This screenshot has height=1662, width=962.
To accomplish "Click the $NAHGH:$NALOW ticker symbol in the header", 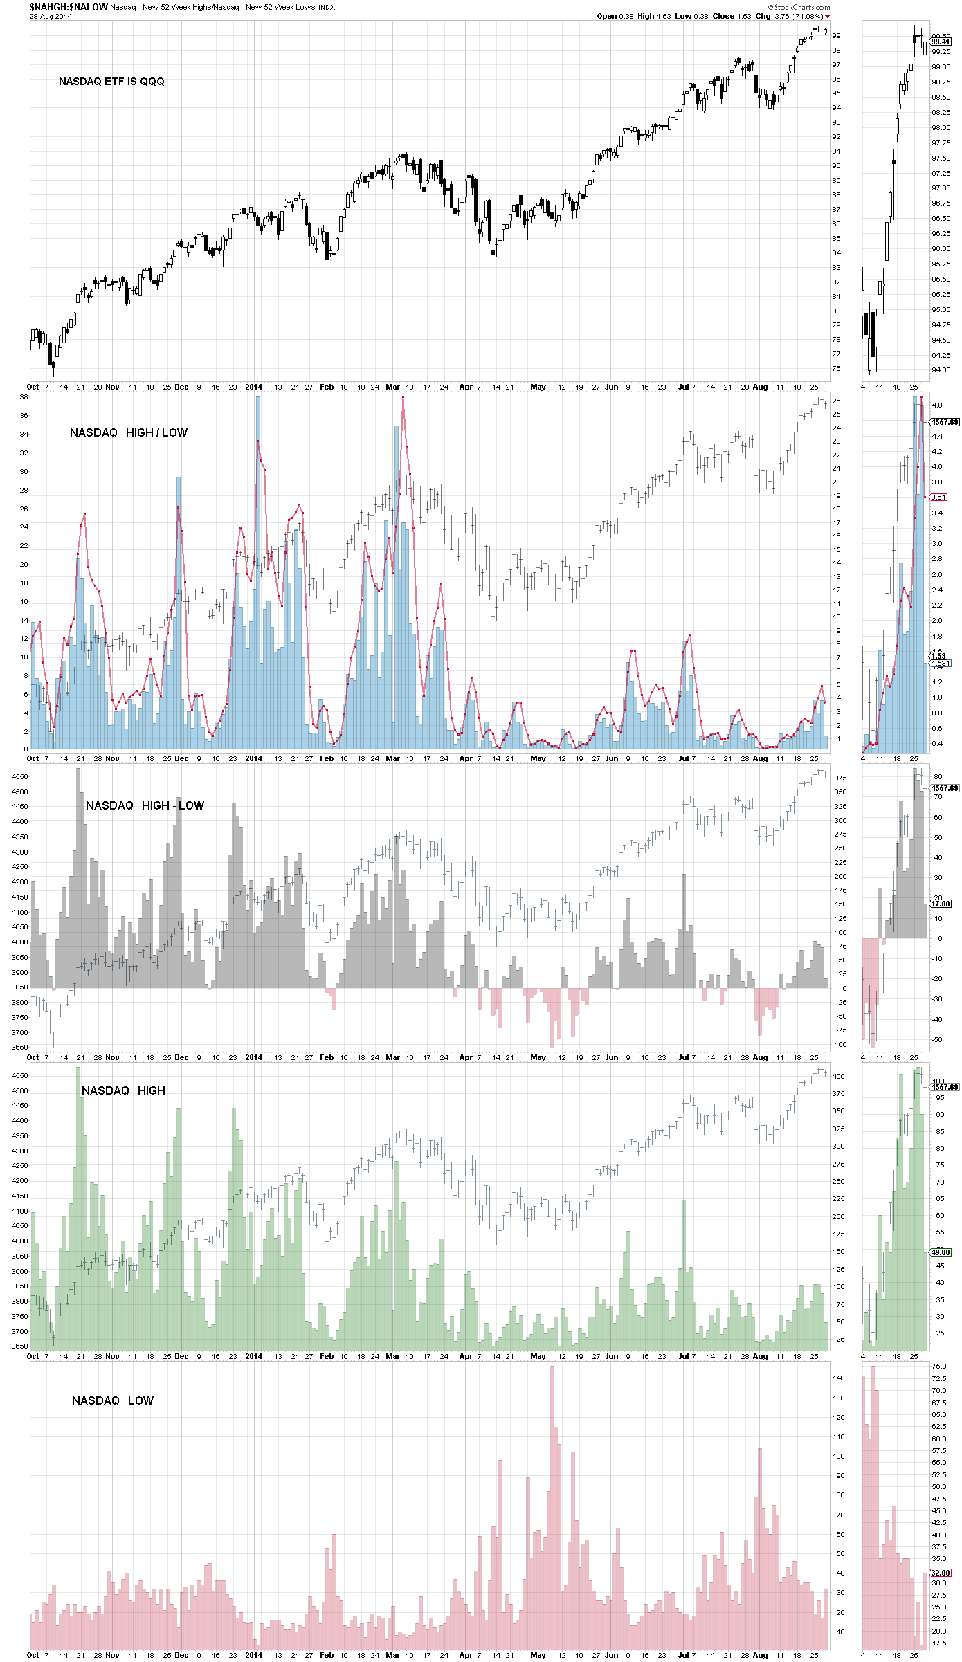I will tap(69, 7).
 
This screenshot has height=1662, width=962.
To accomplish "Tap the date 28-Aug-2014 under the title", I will tap(51, 17).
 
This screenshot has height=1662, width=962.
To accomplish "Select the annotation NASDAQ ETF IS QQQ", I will tap(111, 82).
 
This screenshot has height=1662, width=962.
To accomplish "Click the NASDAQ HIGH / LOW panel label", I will tap(128, 432).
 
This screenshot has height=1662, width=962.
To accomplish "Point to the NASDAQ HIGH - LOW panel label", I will tap(145, 805).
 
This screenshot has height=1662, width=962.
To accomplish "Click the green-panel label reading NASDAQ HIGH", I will tap(123, 1090).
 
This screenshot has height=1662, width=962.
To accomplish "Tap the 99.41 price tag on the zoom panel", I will tap(941, 42).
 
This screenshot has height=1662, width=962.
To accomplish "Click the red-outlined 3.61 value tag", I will tap(938, 497).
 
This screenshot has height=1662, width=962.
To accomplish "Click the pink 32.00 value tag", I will tap(941, 1573).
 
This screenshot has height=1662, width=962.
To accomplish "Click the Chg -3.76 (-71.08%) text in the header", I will tap(788, 16).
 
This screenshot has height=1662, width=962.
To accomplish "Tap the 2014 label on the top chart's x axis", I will tap(254, 387).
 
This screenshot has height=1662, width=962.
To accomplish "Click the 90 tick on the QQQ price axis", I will tap(836, 166).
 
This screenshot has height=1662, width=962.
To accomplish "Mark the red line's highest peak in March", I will tap(403, 397).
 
